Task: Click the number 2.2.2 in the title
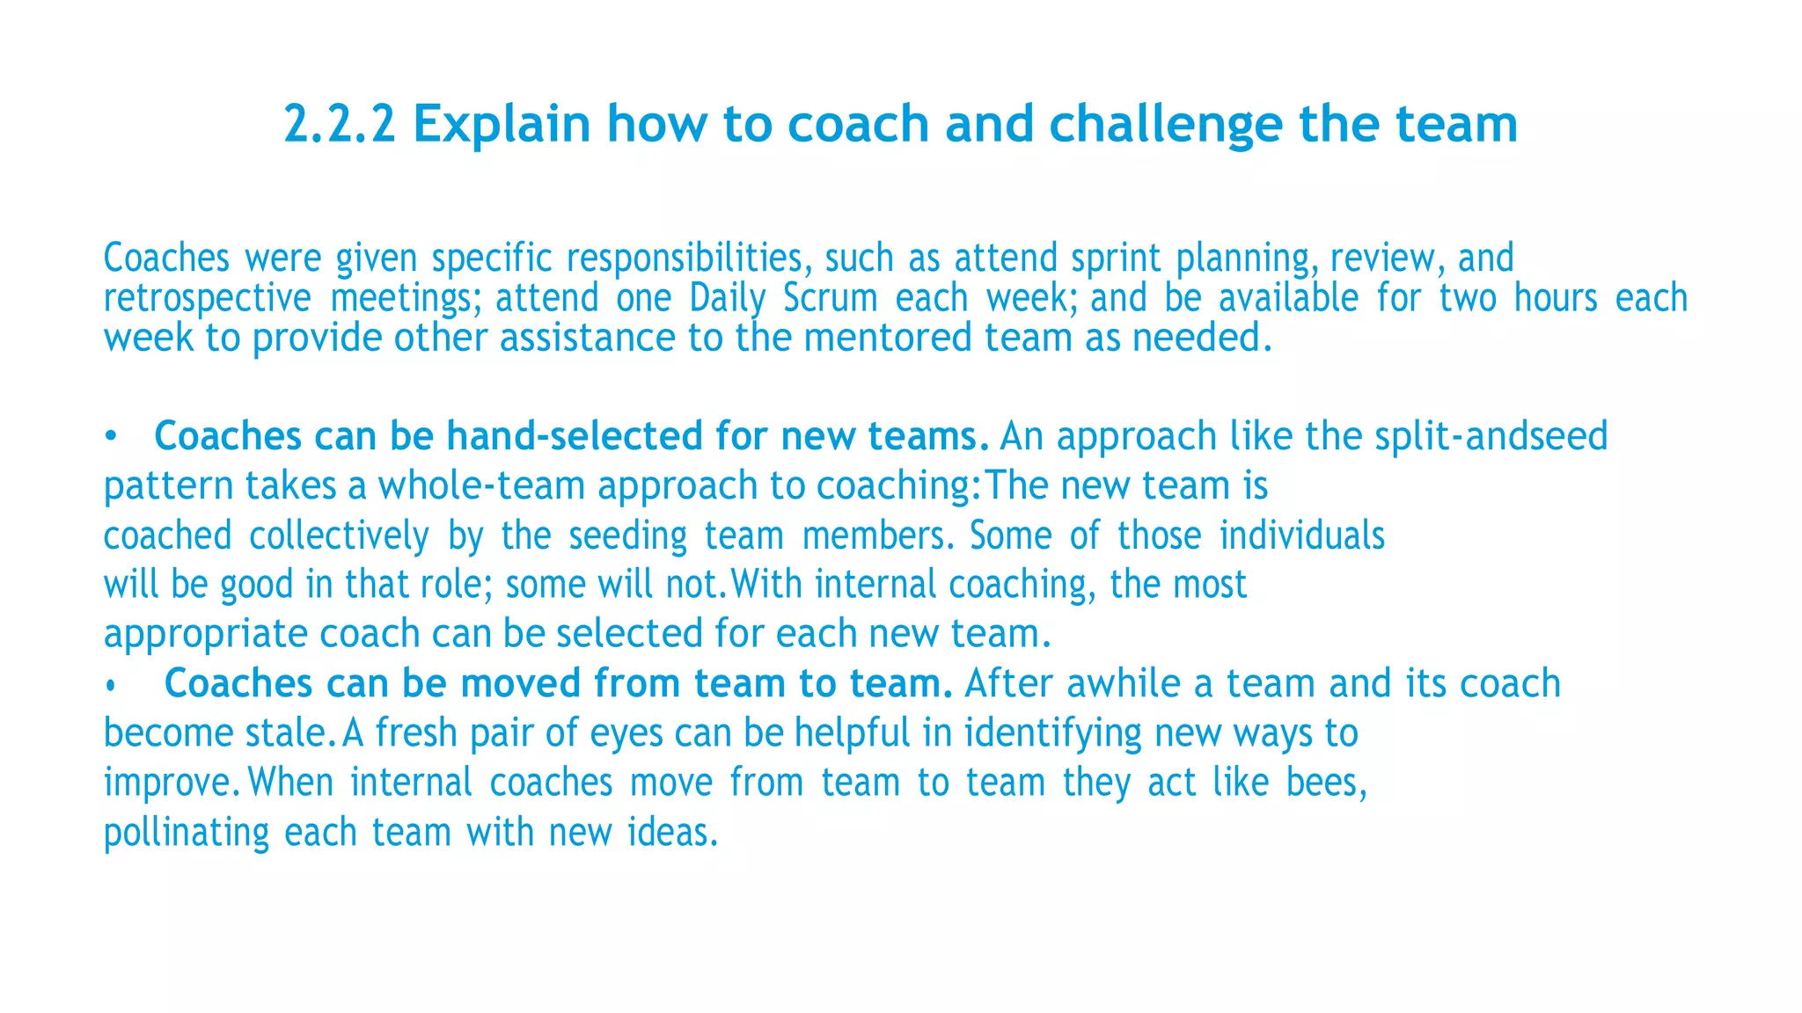339,124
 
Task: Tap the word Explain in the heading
502,124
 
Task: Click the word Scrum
831,298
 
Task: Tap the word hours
1556,298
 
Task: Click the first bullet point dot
110,437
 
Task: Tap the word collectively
340,536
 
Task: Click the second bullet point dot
110,686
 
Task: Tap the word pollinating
187,832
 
